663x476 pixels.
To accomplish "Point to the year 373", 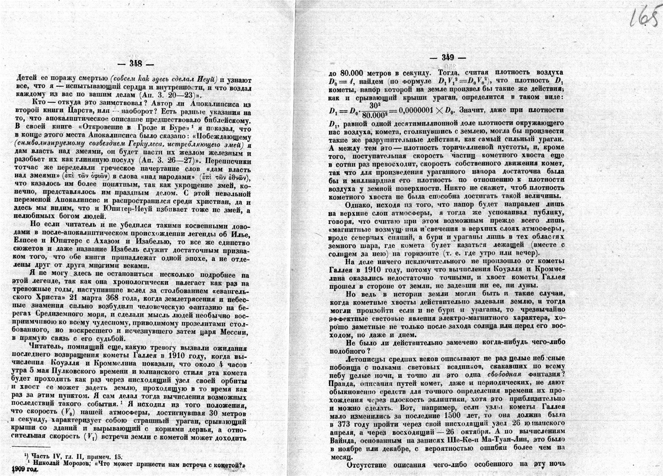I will click(350, 424).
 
